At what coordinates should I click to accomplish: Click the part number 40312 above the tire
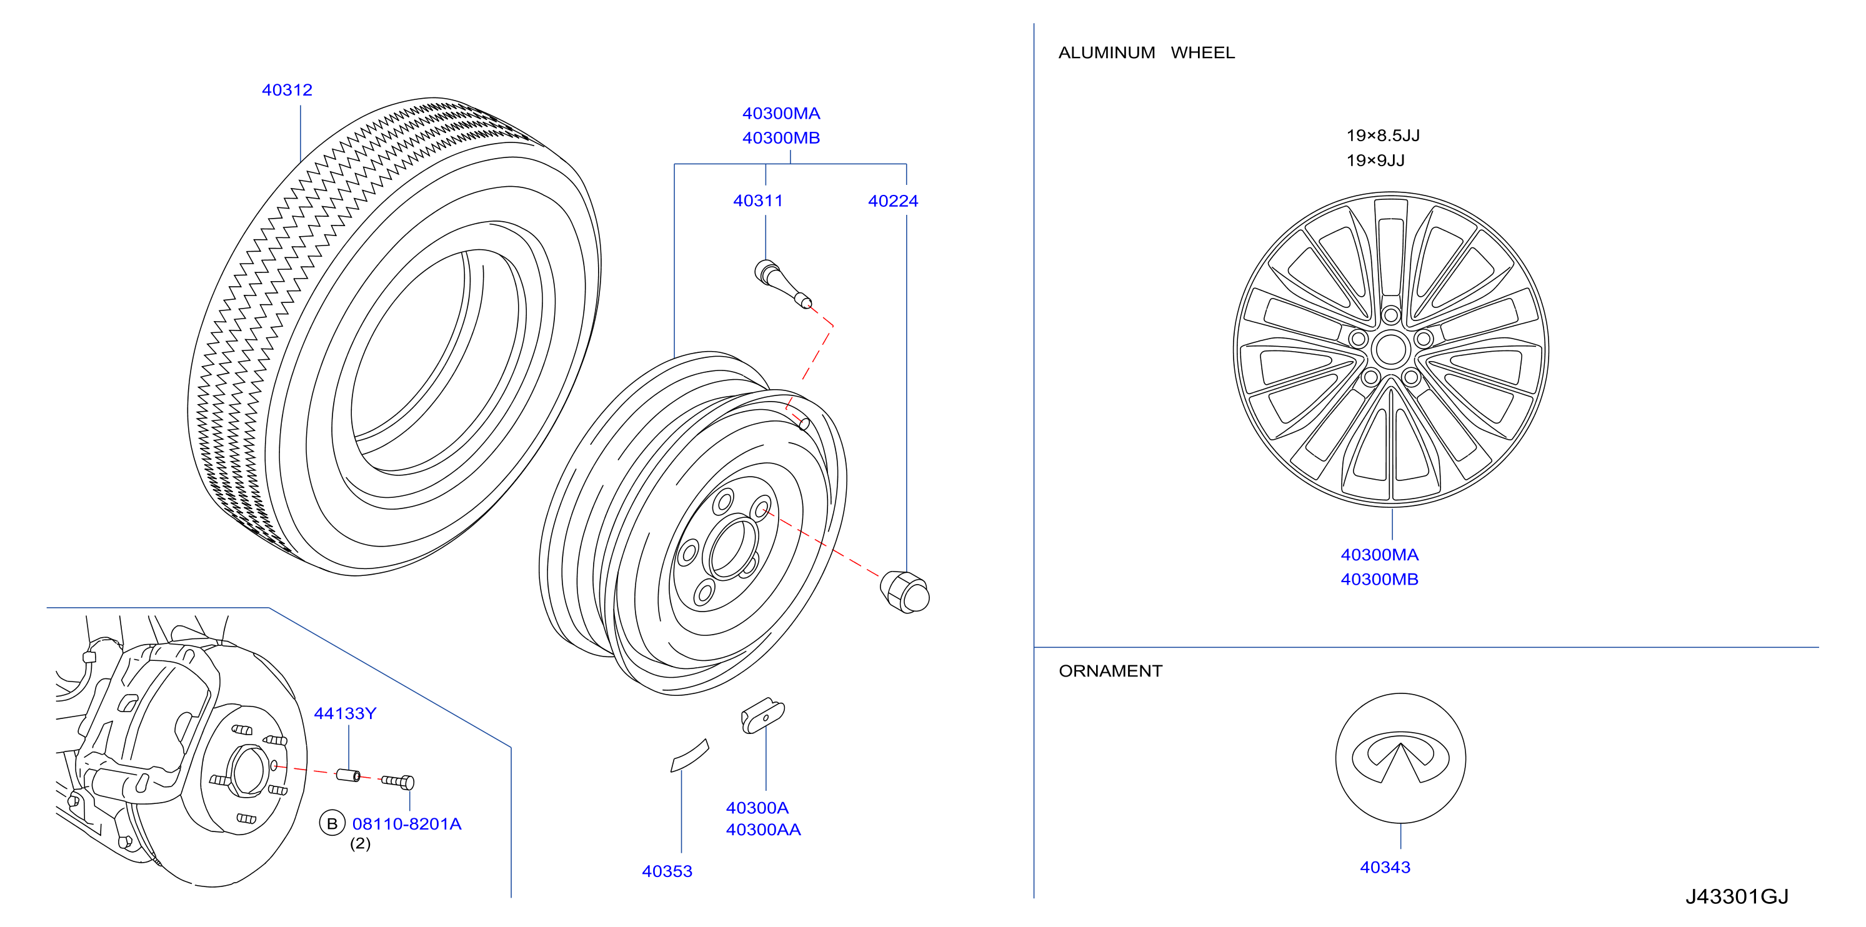pos(287,90)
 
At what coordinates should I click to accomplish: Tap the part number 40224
pos(893,201)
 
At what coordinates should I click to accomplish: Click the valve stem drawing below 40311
pos(782,284)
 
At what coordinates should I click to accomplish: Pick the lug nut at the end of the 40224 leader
pos(905,592)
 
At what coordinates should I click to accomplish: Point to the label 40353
pos(667,871)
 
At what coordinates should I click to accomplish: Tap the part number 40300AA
pos(764,830)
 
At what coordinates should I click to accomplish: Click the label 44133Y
pos(345,713)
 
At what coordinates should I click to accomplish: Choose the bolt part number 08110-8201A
pos(406,824)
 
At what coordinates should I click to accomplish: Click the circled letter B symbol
pos(332,823)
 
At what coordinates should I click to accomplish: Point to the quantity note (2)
pos(360,844)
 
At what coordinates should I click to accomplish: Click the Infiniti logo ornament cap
pos(1400,758)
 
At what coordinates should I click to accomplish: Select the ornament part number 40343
pos(1385,868)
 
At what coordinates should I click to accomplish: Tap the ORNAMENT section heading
pos(1110,672)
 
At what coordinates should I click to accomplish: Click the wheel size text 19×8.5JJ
pos(1383,136)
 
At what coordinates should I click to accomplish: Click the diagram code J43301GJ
pos(1737,896)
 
